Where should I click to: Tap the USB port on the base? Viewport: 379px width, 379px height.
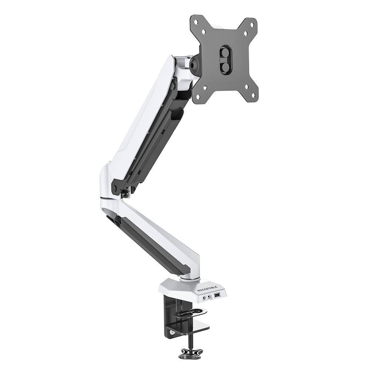point(217,295)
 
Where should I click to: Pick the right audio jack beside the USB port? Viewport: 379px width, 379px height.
point(209,296)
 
